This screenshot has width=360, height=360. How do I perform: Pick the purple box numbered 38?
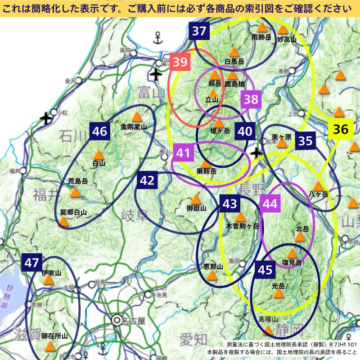(x=251, y=99)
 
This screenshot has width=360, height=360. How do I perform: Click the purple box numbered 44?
(x=270, y=204)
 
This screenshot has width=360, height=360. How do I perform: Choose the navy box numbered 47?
(x=31, y=263)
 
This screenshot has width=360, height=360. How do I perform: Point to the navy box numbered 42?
(x=148, y=180)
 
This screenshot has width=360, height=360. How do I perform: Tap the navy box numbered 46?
(x=100, y=131)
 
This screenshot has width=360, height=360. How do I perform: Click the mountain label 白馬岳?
(x=234, y=61)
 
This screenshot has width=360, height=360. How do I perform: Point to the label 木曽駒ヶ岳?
(x=243, y=226)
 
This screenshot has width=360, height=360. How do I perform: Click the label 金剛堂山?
(x=134, y=127)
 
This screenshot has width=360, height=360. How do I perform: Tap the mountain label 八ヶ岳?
(x=319, y=194)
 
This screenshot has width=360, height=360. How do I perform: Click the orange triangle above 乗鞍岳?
(x=206, y=163)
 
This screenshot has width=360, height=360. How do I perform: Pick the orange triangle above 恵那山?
(x=213, y=275)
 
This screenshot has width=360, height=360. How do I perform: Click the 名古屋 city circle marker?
(x=117, y=320)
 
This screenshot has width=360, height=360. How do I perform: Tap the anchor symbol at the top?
(x=157, y=38)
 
